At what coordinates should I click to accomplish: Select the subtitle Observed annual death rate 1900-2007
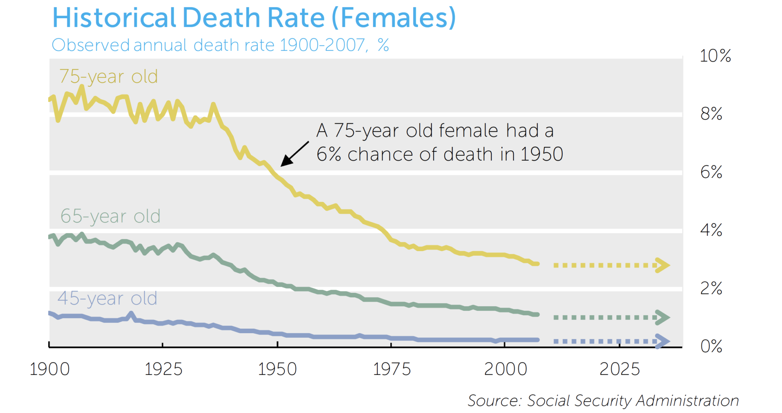tap(220, 45)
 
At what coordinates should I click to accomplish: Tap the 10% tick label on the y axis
tap(715, 56)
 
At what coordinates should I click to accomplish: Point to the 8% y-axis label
tap(711, 114)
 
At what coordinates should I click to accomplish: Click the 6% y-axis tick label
tap(711, 172)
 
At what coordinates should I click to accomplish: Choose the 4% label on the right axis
tap(711, 230)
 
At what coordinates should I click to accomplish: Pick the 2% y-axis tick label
tap(711, 288)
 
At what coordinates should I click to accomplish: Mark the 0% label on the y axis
tap(711, 346)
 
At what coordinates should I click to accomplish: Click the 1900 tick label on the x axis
tap(50, 369)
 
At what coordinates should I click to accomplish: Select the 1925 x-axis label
tap(163, 369)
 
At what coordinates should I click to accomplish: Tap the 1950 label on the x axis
tap(277, 369)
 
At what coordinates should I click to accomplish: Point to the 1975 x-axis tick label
tap(391, 369)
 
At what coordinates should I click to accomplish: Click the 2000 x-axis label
tap(506, 369)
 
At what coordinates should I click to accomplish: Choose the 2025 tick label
tap(619, 369)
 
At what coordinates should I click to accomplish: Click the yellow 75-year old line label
tap(108, 77)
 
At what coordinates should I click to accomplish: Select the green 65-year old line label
tap(110, 216)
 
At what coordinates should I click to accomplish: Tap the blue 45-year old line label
tap(107, 298)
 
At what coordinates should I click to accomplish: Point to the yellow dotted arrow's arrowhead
tap(662, 265)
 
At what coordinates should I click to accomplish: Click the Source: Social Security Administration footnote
tap(603, 400)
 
